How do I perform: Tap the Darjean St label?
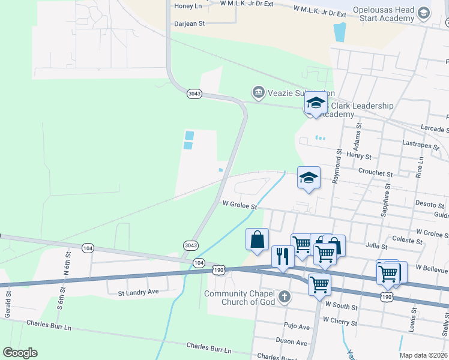(190, 24)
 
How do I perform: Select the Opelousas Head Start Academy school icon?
(424, 13)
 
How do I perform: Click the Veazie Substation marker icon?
(258, 92)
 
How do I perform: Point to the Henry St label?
(360, 156)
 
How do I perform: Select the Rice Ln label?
(420, 167)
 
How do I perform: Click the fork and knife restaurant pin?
(283, 256)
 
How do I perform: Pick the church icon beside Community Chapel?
(285, 296)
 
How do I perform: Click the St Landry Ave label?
(138, 293)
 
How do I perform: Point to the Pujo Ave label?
(297, 326)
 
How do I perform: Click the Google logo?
(20, 353)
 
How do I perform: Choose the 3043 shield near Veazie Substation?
(194, 94)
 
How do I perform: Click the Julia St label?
(376, 245)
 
